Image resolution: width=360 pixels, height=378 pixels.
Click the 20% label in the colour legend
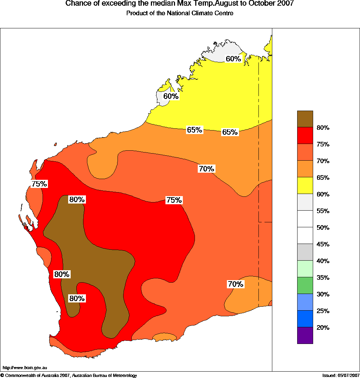[x=323, y=328]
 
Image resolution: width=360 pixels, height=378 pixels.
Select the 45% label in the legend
[x=323, y=244]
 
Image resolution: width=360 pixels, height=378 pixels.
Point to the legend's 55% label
[x=323, y=211]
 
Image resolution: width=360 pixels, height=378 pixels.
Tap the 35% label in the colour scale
[x=323, y=278]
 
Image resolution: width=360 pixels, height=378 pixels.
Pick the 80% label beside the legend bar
[x=323, y=128]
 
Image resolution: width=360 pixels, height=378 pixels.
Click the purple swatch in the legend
[x=305, y=335]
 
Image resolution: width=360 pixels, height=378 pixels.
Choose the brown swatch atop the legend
[x=305, y=119]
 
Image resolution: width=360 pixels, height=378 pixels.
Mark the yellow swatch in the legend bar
[x=305, y=185]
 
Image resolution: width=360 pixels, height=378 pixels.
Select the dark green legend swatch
[x=305, y=285]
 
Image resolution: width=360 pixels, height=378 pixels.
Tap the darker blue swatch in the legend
[x=305, y=319]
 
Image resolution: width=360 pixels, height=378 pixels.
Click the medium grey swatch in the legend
[x=305, y=252]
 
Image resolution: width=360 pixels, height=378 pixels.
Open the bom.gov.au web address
[x=25, y=368]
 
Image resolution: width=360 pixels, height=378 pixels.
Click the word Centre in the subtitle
[x=225, y=13]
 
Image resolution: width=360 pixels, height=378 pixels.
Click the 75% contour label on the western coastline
[x=39, y=184]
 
